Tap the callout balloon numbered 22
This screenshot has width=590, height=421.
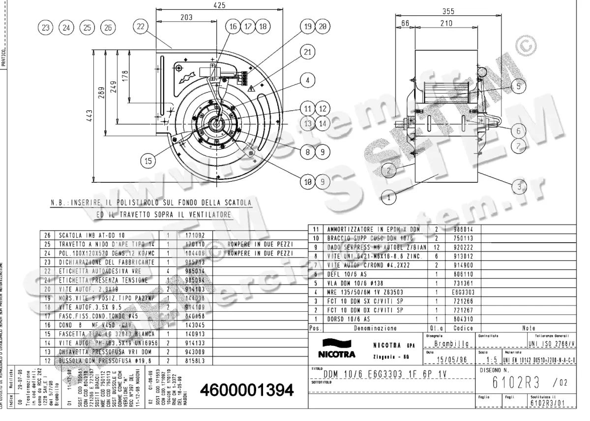(142, 27)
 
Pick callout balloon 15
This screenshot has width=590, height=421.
(148, 160)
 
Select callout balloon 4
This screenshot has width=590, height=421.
(308, 80)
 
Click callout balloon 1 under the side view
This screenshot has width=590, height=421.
(389, 197)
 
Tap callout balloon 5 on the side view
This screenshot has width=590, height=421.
(518, 86)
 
